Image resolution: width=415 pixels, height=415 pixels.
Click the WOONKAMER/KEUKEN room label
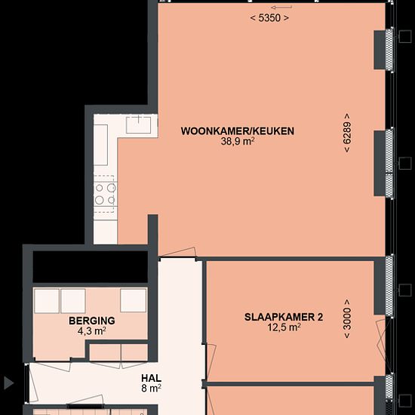click(238, 131)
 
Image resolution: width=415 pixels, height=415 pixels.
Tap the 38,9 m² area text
click(238, 141)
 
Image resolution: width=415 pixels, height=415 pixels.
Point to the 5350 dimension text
click(269, 18)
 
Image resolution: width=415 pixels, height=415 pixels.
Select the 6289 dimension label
click(347, 133)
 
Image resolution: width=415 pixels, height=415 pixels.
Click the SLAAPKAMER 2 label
click(284, 317)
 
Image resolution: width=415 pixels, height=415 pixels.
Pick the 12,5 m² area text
click(284, 327)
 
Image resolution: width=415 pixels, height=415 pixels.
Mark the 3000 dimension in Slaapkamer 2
click(347, 318)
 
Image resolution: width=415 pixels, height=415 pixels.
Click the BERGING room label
click(92, 321)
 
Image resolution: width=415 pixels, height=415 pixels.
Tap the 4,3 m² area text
click(92, 330)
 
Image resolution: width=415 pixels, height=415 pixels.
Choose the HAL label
click(152, 378)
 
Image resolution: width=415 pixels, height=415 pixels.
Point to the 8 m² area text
click(152, 389)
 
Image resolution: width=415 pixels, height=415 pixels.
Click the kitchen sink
click(138, 124)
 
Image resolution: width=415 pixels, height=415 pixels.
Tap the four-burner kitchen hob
click(105, 194)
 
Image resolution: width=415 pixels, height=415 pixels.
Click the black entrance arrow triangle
click(8, 383)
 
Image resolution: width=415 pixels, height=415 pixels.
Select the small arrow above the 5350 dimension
click(281, 7)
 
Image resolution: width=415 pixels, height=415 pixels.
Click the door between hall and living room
click(178, 252)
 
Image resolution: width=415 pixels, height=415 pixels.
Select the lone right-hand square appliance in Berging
click(133, 300)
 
